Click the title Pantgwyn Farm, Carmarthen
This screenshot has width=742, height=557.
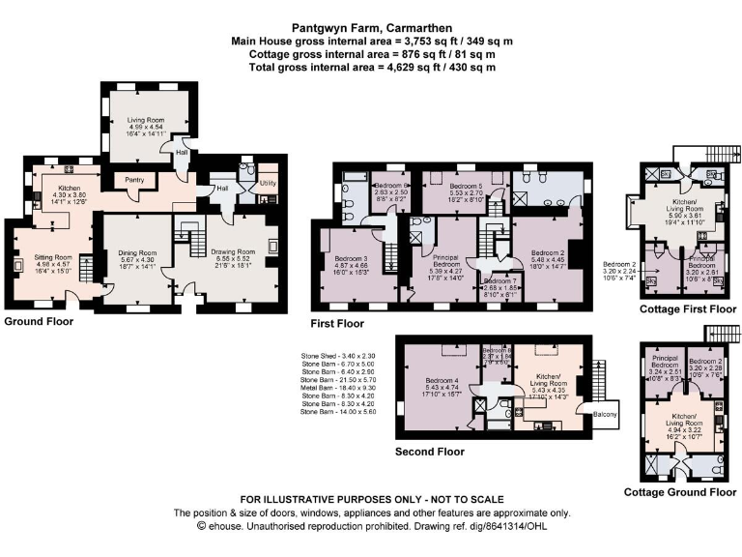click(x=372, y=28)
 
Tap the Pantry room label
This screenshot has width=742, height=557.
click(x=128, y=180)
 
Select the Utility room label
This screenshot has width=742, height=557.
click(x=268, y=182)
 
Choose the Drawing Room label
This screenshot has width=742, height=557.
click(x=229, y=250)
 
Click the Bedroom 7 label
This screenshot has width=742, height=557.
click(x=501, y=278)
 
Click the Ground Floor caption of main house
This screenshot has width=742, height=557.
click(x=41, y=320)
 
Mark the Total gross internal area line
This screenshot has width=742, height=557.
click(x=372, y=67)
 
